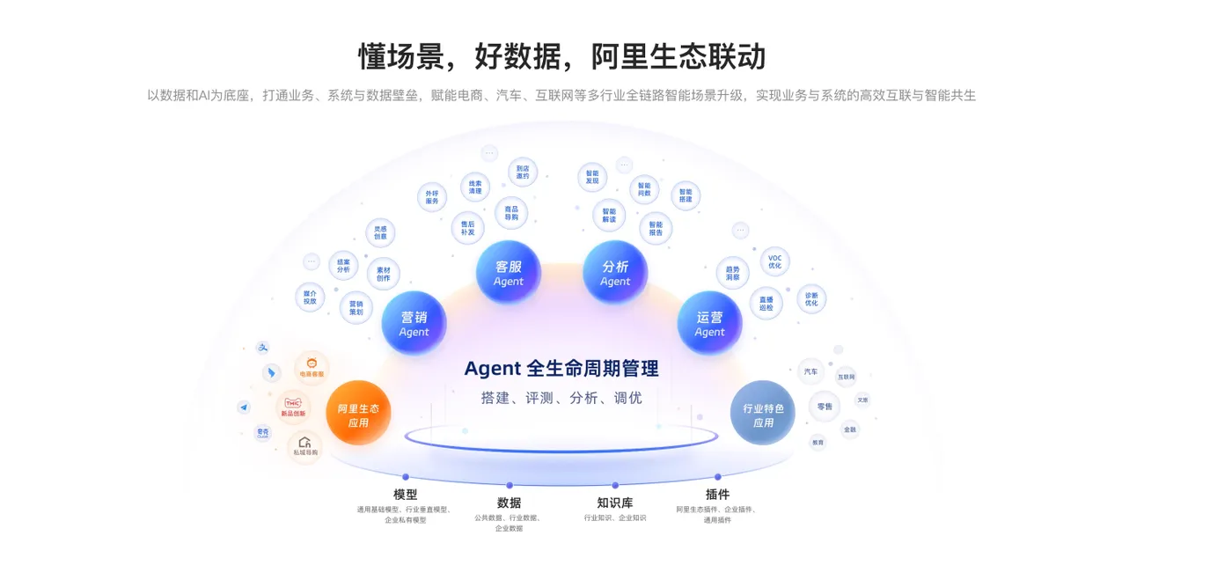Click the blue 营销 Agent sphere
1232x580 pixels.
[x=414, y=323]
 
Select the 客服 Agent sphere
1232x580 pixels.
[x=509, y=273]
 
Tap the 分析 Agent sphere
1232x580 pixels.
[x=615, y=273]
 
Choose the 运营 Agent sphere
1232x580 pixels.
[x=709, y=323]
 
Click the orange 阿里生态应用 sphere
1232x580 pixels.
[x=358, y=414]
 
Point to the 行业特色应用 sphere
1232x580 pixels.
[x=763, y=414]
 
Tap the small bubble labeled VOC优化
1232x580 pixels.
[x=774, y=261]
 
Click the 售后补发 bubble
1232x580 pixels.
[x=467, y=228]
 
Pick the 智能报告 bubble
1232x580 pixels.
[x=656, y=228]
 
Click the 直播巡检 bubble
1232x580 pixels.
[x=766, y=303]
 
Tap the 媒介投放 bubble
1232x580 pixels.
[x=310, y=297]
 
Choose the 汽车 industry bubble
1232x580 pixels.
[x=810, y=371]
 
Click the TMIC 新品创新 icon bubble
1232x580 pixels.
[x=293, y=407]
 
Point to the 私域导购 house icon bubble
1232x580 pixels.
[x=304, y=446]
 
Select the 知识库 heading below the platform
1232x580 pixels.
[x=614, y=503]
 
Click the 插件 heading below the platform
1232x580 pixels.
[x=717, y=494]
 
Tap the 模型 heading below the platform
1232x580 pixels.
[x=406, y=494]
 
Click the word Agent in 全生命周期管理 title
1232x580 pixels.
[x=493, y=368]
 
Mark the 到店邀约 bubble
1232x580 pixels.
[x=523, y=172]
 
